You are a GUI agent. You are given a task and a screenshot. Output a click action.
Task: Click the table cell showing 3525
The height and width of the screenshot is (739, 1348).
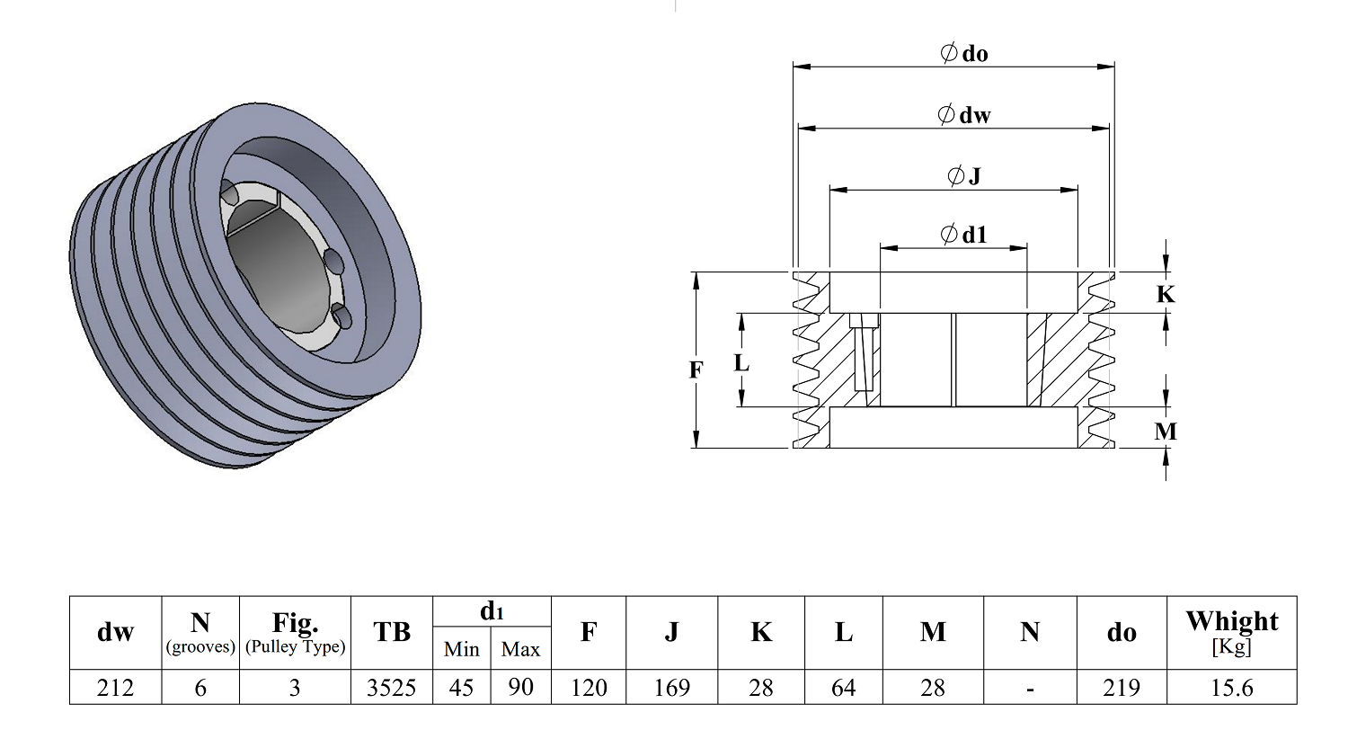pyautogui.click(x=391, y=687)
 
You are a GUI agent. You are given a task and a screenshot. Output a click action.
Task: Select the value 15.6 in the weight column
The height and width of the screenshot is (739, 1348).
pyautogui.click(x=1231, y=687)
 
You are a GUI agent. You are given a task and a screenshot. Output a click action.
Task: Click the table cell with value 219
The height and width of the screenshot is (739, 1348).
pyautogui.click(x=1122, y=687)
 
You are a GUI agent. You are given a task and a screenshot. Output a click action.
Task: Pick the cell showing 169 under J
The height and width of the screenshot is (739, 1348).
pyautogui.click(x=671, y=687)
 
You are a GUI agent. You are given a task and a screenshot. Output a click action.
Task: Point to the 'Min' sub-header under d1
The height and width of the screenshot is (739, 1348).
pyautogui.click(x=462, y=649)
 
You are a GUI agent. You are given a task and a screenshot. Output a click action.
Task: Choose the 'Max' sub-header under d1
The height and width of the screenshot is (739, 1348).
pyautogui.click(x=520, y=649)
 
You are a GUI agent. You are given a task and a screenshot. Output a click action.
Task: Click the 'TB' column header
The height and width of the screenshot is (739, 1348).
pyautogui.click(x=392, y=632)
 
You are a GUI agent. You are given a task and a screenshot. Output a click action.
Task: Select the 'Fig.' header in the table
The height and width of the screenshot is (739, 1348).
pyautogui.click(x=295, y=623)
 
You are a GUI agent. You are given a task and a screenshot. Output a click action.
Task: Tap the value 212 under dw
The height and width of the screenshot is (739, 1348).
pyautogui.click(x=115, y=687)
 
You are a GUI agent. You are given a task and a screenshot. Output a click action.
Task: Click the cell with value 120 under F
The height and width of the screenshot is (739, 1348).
pyautogui.click(x=589, y=687)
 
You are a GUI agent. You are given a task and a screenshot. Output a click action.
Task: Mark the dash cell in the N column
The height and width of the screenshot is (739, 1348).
pyautogui.click(x=1030, y=688)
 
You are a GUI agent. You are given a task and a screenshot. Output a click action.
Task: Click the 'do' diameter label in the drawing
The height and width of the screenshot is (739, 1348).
pyautogui.click(x=964, y=54)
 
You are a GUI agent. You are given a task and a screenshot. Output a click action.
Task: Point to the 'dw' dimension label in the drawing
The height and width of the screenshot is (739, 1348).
pyautogui.click(x=964, y=114)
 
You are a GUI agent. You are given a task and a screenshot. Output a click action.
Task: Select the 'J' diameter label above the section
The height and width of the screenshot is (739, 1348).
pyautogui.click(x=964, y=175)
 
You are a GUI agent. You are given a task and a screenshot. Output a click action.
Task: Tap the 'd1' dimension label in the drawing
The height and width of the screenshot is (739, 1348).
pyautogui.click(x=963, y=235)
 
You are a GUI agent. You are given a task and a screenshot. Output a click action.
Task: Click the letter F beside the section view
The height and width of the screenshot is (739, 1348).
pyautogui.click(x=696, y=369)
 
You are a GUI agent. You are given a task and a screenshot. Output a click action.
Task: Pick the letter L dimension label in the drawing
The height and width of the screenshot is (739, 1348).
pyautogui.click(x=741, y=363)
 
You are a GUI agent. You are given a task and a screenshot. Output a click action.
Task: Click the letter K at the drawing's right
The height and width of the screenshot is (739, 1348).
pyautogui.click(x=1166, y=294)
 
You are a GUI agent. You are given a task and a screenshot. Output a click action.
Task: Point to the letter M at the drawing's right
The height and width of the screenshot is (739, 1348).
pyautogui.click(x=1166, y=432)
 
